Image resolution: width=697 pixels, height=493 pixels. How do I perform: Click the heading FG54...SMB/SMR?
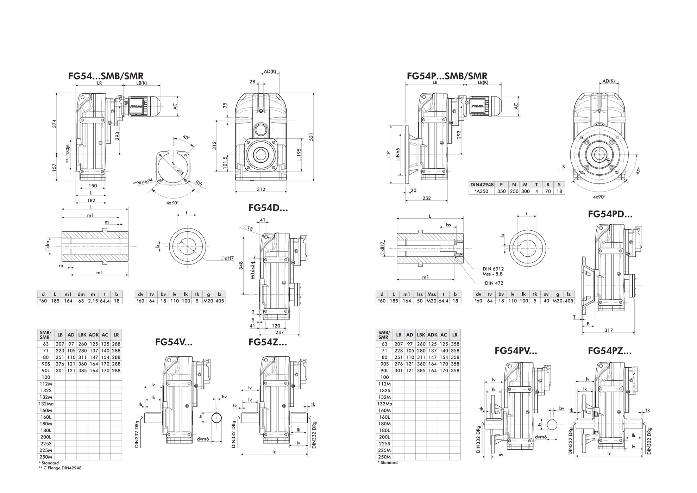tap(106, 76)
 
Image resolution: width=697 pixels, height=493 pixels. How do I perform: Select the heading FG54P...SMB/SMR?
tap(447, 76)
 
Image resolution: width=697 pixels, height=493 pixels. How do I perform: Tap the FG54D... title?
tap(268, 208)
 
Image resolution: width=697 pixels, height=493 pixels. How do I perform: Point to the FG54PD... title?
tap(610, 214)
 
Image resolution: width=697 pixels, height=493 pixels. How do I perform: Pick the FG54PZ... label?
tap(610, 351)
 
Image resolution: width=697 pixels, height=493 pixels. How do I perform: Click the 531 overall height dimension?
tap(311, 137)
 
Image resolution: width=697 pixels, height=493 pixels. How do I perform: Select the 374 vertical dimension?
tap(55, 124)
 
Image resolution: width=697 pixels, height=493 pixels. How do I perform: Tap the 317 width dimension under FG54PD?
tap(609, 330)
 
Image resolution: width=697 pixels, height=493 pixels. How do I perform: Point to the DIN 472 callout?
tap(494, 283)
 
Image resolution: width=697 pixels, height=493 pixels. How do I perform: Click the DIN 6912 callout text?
tap(493, 269)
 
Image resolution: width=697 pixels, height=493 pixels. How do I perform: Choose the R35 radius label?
tap(199, 183)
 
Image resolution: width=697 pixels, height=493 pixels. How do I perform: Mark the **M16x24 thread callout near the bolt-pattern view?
tap(143, 182)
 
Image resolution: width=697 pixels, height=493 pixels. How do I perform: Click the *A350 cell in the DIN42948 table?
tap(481, 192)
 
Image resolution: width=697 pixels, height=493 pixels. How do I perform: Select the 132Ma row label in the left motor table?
tap(46, 404)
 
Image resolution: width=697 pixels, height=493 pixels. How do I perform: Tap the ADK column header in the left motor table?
tap(94, 335)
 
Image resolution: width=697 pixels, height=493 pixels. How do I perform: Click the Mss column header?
tap(432, 294)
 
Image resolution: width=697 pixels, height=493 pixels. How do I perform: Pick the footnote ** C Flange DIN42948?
tap(60, 468)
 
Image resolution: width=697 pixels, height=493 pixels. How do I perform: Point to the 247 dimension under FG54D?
tap(280, 332)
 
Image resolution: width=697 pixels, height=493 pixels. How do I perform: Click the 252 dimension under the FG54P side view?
tap(426, 198)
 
